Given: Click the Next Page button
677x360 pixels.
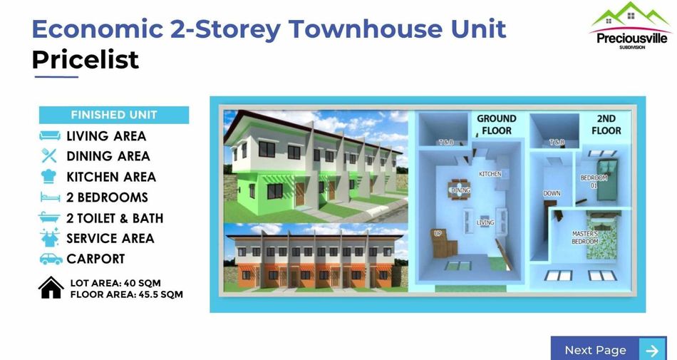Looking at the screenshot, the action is (x=609, y=349).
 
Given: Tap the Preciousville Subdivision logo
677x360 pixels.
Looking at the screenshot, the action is (x=631, y=26).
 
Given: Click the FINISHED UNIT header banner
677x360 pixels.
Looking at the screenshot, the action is (x=114, y=115).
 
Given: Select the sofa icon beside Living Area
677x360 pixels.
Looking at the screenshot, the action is (x=50, y=136).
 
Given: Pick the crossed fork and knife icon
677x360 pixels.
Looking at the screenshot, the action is (x=48, y=156).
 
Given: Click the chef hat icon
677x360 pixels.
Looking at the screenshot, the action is (x=48, y=177).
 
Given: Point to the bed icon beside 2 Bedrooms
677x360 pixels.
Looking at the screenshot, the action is (x=50, y=197).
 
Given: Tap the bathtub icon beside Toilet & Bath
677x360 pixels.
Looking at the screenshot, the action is (x=49, y=217).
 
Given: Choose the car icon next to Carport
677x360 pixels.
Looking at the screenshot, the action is (x=51, y=259).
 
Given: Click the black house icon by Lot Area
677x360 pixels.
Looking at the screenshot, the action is (x=51, y=287).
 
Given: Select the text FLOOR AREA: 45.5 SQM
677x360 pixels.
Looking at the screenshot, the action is (x=127, y=295).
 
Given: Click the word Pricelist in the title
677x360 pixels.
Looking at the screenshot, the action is (x=86, y=60).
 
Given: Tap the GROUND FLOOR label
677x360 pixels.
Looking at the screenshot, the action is (x=497, y=124).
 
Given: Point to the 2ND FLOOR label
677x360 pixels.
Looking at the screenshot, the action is (x=606, y=124).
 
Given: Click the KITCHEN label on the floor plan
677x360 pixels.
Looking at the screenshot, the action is (x=490, y=174).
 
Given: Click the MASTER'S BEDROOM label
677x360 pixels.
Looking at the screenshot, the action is (x=585, y=237).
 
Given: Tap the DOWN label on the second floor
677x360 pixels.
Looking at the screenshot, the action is (x=552, y=193).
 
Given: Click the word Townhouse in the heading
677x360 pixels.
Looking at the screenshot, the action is (x=365, y=29).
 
